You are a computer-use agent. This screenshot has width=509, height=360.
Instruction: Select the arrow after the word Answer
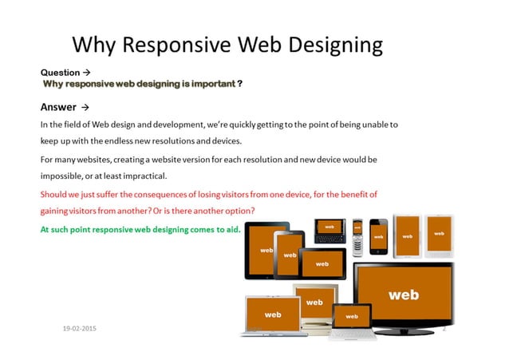pyautogui.click(x=85, y=107)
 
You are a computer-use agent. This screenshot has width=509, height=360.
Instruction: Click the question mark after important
pyautogui.click(x=240, y=83)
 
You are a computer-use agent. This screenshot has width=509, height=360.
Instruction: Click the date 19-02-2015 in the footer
pyautogui.click(x=80, y=328)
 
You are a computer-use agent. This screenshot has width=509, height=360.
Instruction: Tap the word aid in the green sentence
pyautogui.click(x=210, y=228)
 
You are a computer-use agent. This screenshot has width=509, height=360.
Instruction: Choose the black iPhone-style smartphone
pyautogui.click(x=378, y=235)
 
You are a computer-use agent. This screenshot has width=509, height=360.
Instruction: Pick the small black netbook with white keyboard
pyautogui.click(x=352, y=322)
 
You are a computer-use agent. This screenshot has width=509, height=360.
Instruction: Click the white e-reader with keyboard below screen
pyautogui.click(x=438, y=235)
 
